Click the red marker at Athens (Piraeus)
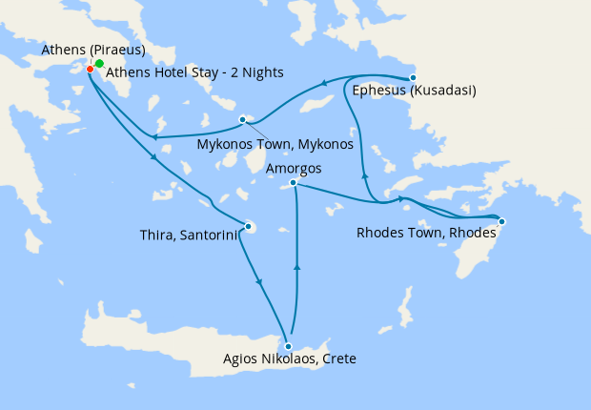click(x=90, y=69)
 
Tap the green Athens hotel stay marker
click(x=99, y=63)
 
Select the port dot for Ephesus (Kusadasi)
click(x=413, y=78)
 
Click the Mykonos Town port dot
click(x=243, y=119)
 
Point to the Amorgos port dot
click(x=294, y=182)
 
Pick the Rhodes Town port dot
click(x=502, y=222)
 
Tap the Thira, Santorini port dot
click(x=248, y=226)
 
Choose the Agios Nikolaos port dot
click(x=288, y=346)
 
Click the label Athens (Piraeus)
click(x=92, y=50)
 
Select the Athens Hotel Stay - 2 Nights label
click(x=194, y=72)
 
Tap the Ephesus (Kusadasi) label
click(x=414, y=92)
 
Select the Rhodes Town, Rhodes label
click(x=425, y=232)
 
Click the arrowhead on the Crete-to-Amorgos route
click(x=298, y=268)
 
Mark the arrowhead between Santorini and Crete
click(x=260, y=281)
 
